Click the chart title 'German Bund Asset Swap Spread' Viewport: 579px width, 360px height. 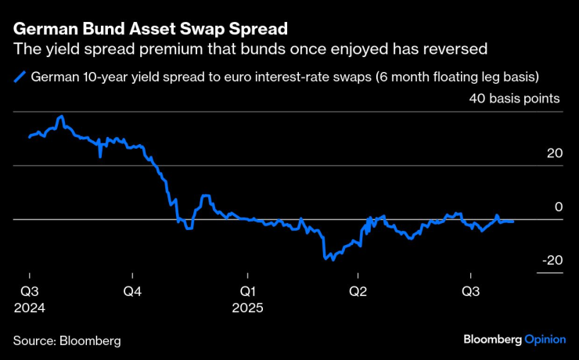[149, 30]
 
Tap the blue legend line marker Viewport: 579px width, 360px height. [18, 77]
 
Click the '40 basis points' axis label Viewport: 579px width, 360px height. [514, 99]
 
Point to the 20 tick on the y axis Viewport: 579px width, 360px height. [554, 153]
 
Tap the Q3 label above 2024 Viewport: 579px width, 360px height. [29, 291]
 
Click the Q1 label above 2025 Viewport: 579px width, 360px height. [247, 291]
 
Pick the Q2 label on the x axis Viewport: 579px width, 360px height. [358, 291]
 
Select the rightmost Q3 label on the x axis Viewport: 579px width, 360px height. [469, 291]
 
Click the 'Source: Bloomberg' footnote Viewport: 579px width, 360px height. [67, 341]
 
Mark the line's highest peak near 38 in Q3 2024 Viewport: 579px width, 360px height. [61, 117]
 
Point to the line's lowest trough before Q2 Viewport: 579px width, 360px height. [333, 259]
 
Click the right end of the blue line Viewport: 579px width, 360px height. [513, 221]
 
